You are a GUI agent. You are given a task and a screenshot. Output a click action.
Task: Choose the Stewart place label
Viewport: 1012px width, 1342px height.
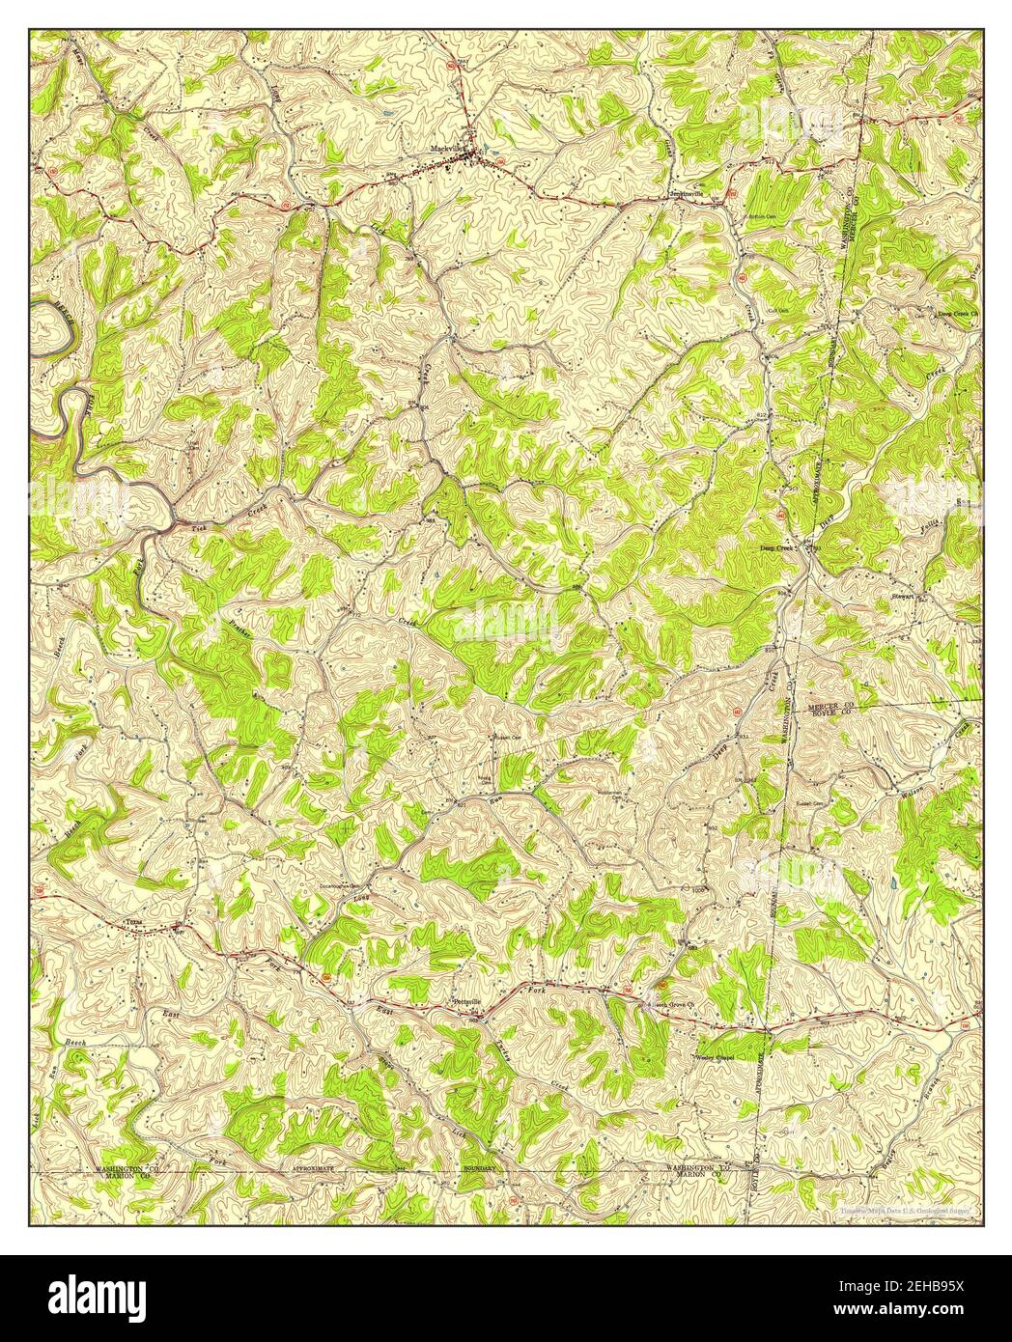click(903, 597)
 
